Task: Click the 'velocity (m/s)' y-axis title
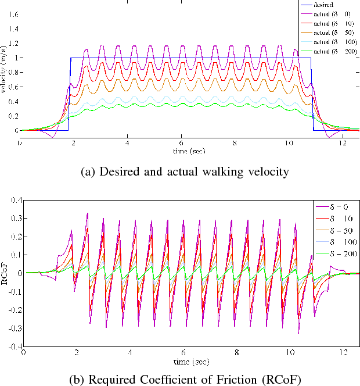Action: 4,76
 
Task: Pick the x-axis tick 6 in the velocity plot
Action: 182,142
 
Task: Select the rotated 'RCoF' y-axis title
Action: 4,273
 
